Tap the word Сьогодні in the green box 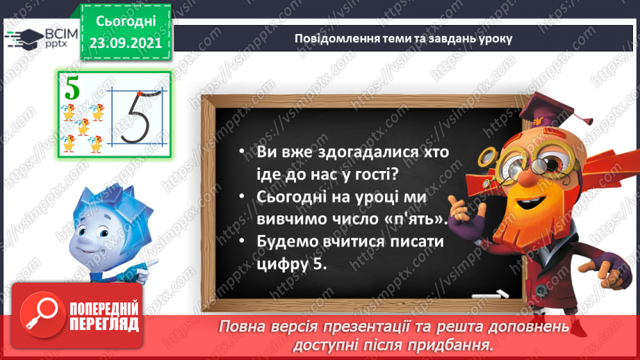pyautogui.click(x=126, y=21)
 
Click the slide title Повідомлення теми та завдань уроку pyautogui.click(x=403, y=39)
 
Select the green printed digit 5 pyautogui.click(x=71, y=89)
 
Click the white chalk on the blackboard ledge pyautogui.click(x=486, y=295)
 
